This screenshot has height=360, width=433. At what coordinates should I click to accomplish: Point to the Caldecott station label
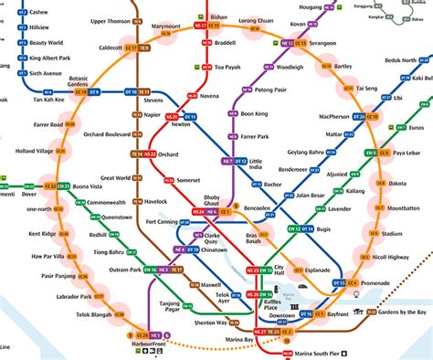(110, 47)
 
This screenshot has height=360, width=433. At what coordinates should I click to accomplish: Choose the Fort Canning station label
(165, 220)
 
